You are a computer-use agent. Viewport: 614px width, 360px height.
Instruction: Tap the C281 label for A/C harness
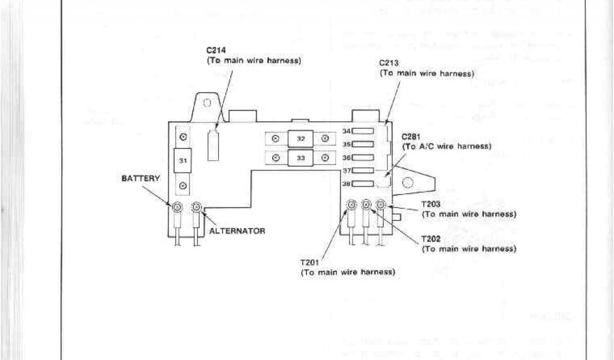(x=411, y=136)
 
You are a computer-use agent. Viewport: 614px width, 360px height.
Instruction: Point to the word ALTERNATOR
(x=237, y=230)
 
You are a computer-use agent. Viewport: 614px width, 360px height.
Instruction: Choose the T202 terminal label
(x=431, y=239)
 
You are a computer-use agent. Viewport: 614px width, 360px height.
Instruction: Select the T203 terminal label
(x=431, y=204)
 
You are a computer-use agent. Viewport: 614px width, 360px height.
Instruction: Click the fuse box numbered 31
(x=183, y=161)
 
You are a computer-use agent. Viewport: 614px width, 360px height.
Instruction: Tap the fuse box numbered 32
(x=300, y=139)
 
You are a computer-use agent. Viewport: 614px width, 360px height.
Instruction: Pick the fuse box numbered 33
(x=300, y=158)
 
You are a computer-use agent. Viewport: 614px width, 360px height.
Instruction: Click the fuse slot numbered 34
(x=363, y=131)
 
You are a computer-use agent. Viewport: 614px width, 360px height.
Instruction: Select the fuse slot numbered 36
(x=363, y=157)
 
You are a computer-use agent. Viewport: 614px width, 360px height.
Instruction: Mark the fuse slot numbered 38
(x=363, y=184)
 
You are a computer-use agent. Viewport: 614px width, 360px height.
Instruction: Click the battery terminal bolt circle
(x=177, y=208)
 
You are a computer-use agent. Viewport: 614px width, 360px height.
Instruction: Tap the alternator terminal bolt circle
(x=196, y=208)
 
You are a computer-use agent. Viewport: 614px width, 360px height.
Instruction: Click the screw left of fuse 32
(x=275, y=139)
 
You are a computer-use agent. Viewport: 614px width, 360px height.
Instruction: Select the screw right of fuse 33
(x=325, y=158)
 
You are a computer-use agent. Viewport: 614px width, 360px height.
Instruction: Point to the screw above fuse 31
(x=183, y=137)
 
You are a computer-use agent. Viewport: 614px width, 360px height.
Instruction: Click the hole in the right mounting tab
(x=407, y=183)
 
